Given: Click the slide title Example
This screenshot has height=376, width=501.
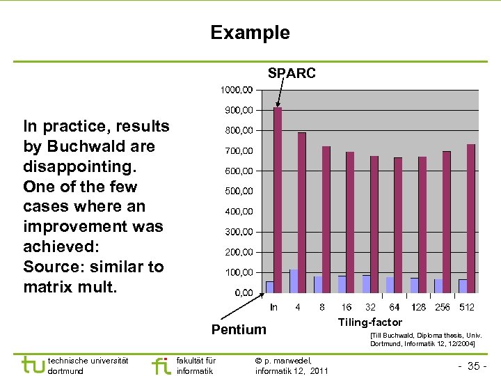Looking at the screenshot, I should click(x=250, y=33).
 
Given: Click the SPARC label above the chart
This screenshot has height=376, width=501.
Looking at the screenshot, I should click(x=292, y=73).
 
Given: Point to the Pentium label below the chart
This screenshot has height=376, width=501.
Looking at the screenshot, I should click(x=239, y=329).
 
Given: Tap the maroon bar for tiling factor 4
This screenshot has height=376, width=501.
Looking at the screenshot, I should click(x=302, y=212).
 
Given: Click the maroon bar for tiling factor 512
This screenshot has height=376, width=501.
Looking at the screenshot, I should click(x=471, y=218).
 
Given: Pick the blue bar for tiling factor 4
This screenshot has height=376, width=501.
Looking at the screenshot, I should click(x=294, y=281).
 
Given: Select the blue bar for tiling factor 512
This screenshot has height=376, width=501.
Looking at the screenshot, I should click(x=463, y=285).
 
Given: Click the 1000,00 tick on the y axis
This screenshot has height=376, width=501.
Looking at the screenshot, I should click(x=237, y=90).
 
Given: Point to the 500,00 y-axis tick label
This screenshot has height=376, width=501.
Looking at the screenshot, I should click(x=237, y=191).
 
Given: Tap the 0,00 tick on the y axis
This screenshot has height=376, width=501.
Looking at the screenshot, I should click(x=243, y=293).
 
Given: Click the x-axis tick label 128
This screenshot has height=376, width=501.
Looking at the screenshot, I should click(x=419, y=307).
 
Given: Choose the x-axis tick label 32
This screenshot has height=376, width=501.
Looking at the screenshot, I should click(x=370, y=307).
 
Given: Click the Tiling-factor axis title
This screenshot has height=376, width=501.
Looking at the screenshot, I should click(x=369, y=322).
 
